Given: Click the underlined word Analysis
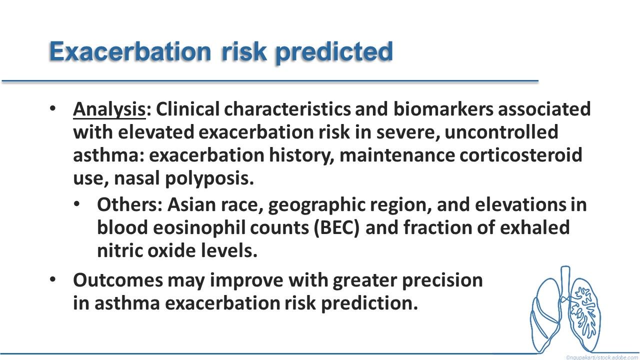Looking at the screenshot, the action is [109, 110].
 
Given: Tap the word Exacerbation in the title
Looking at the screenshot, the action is [130, 51].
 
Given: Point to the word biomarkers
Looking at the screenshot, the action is [443, 109].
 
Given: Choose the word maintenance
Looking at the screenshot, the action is [397, 155].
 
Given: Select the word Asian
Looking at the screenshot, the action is [191, 204].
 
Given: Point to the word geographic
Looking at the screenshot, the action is [317, 205].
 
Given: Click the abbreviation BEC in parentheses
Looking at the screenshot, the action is [336, 228].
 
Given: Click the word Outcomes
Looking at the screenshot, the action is [118, 280].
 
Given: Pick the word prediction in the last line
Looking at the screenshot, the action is [369, 303].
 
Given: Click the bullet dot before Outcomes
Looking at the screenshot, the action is [52, 279].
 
